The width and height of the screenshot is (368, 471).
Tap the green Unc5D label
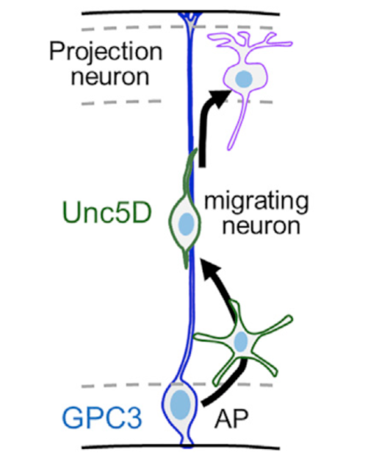click(x=107, y=213)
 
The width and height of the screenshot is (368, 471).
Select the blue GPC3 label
click(x=102, y=417)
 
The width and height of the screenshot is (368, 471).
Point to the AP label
click(x=231, y=419)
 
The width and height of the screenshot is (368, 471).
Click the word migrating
click(x=256, y=203)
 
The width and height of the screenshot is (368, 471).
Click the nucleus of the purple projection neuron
click(x=244, y=79)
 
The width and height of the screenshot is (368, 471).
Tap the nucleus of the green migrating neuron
click(x=186, y=224)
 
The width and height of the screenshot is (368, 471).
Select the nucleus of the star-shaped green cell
click(x=241, y=341)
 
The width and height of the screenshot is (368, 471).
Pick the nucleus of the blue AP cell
click(x=180, y=404)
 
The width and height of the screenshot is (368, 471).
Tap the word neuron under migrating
click(x=261, y=227)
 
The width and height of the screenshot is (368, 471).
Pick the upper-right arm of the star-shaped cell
click(x=272, y=325)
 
